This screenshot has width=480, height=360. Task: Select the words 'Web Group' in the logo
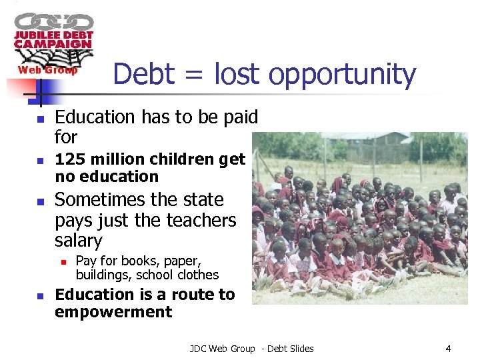click(47, 70)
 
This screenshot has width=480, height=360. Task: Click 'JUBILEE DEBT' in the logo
click(54, 35)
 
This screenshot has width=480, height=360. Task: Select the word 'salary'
click(79, 241)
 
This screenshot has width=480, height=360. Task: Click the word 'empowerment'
click(113, 312)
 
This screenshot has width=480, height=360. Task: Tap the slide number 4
click(448, 348)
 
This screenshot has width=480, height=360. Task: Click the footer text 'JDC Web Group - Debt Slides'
click(251, 348)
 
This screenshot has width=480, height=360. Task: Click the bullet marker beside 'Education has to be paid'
click(39, 119)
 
